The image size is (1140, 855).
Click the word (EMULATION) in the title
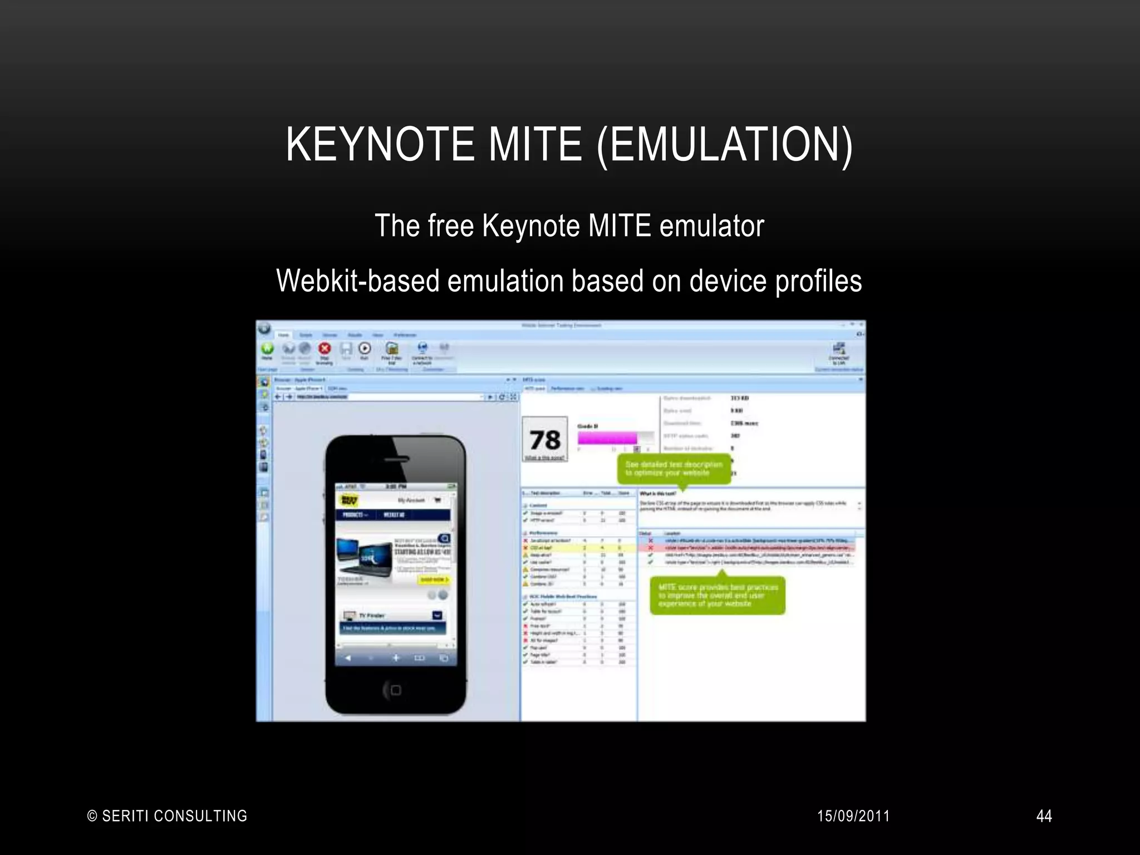pos(724,144)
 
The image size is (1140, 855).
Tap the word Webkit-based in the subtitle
pos(358,281)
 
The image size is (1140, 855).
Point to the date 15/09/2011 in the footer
pos(853,816)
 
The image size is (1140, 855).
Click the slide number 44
pos(1044,816)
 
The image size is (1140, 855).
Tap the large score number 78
pos(544,440)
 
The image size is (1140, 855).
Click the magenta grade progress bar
pos(607,438)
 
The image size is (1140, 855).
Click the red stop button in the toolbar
pos(325,349)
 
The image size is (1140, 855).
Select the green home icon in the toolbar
pos(268,349)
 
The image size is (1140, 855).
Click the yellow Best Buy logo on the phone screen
pos(350,500)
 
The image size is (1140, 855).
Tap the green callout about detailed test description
pos(674,469)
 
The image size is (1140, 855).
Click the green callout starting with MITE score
pos(718,595)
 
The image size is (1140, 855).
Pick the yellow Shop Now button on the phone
pos(433,580)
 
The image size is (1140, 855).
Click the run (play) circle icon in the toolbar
pos(365,348)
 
